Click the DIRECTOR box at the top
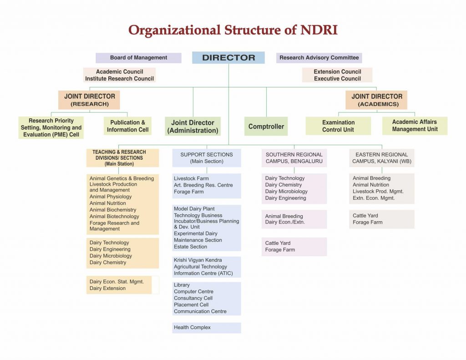coord(228,58)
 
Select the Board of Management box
coord(138,58)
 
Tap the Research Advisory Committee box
coord(319,58)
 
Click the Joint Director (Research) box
coord(89,100)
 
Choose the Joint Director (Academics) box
coord(376,100)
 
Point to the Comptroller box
coord(266,127)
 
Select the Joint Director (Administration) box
coord(192,127)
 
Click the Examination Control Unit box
coord(338,126)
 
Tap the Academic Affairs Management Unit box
coord(415,126)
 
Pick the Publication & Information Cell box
coord(127,126)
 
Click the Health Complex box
coord(207,328)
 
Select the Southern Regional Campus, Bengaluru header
coord(294,158)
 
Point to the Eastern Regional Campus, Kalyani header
coord(382,158)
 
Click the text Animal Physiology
coord(111,197)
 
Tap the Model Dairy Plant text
coord(194,209)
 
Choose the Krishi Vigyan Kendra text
coord(198,260)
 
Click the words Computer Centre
coord(193,292)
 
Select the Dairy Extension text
coord(107,289)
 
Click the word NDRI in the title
coord(319,30)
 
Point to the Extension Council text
coord(337,71)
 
